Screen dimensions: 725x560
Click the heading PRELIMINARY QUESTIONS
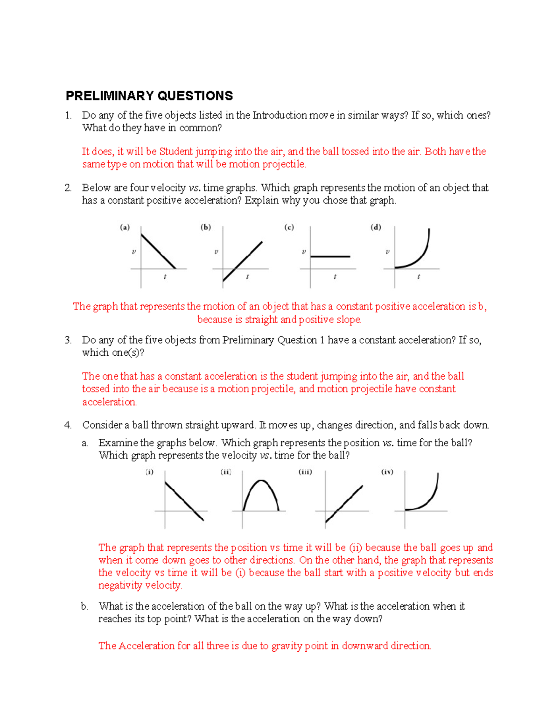149,96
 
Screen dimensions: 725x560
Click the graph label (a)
125,227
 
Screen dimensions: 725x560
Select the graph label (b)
206,227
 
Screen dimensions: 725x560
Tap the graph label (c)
289,227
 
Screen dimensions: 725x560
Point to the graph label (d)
376,227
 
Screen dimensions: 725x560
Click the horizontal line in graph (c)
330,256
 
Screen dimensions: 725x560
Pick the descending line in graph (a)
158,251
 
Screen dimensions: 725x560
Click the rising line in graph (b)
243,261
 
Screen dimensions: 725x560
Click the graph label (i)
149,472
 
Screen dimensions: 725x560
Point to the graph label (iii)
305,472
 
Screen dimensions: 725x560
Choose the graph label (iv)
387,472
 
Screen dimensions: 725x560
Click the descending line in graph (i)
184,500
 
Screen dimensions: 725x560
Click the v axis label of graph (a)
133,252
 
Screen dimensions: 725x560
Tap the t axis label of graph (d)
419,277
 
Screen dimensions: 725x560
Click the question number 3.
68,340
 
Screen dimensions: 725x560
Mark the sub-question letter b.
84,606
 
